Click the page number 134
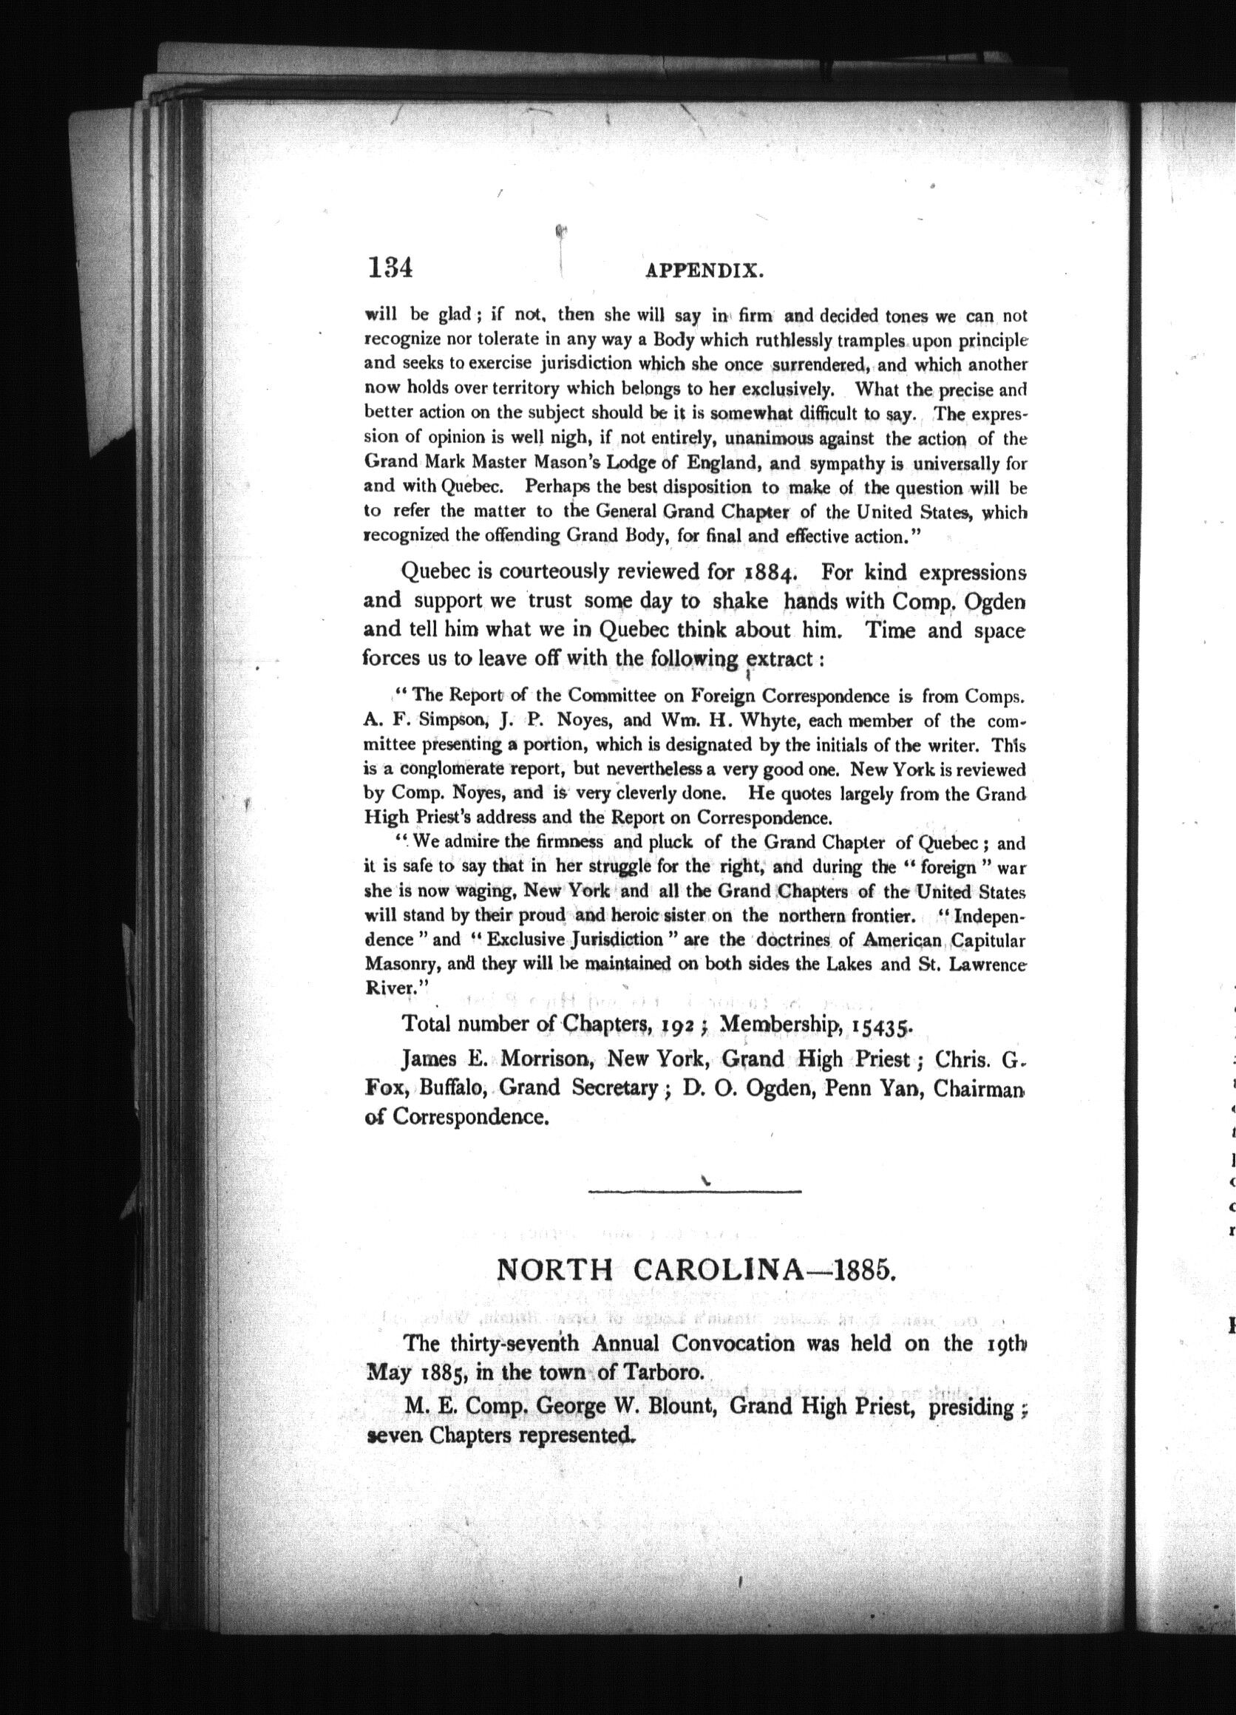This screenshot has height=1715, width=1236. pyautogui.click(x=390, y=268)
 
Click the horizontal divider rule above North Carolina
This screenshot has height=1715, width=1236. pyautogui.click(x=694, y=1192)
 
